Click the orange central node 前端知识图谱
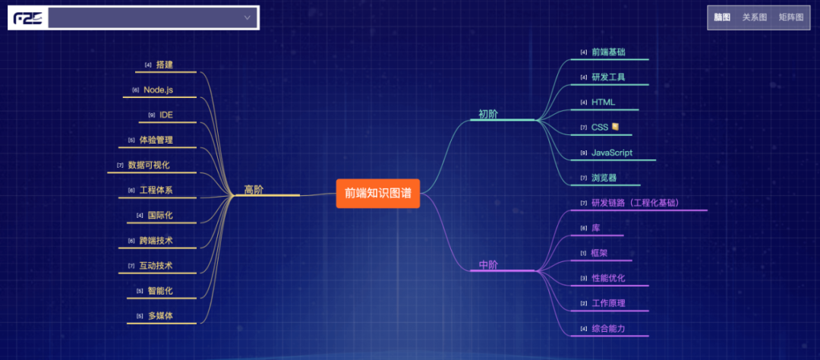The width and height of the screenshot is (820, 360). click(377, 193)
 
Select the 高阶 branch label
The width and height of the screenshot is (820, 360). click(254, 190)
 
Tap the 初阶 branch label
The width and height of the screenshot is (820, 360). click(488, 115)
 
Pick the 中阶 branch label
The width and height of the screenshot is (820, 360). click(488, 265)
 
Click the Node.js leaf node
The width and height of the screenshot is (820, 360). click(158, 90)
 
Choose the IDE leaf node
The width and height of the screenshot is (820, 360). click(166, 115)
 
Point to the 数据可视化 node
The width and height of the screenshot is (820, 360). click(149, 165)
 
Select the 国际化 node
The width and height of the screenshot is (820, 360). click(159, 215)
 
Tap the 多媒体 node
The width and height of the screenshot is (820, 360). click(160, 315)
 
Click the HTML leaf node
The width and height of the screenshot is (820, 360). click(603, 102)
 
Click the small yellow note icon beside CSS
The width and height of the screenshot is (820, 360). click(616, 127)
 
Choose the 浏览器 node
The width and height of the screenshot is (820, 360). click(604, 178)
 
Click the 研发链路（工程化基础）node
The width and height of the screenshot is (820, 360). click(635, 203)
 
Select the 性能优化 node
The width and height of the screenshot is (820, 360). click(608, 278)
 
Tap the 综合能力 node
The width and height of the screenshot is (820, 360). click(608, 328)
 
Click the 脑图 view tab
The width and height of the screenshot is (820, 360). click(722, 17)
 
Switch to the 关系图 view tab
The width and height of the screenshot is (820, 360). click(755, 17)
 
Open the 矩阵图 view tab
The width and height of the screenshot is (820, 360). click(790, 17)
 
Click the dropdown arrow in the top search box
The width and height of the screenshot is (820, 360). click(247, 17)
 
